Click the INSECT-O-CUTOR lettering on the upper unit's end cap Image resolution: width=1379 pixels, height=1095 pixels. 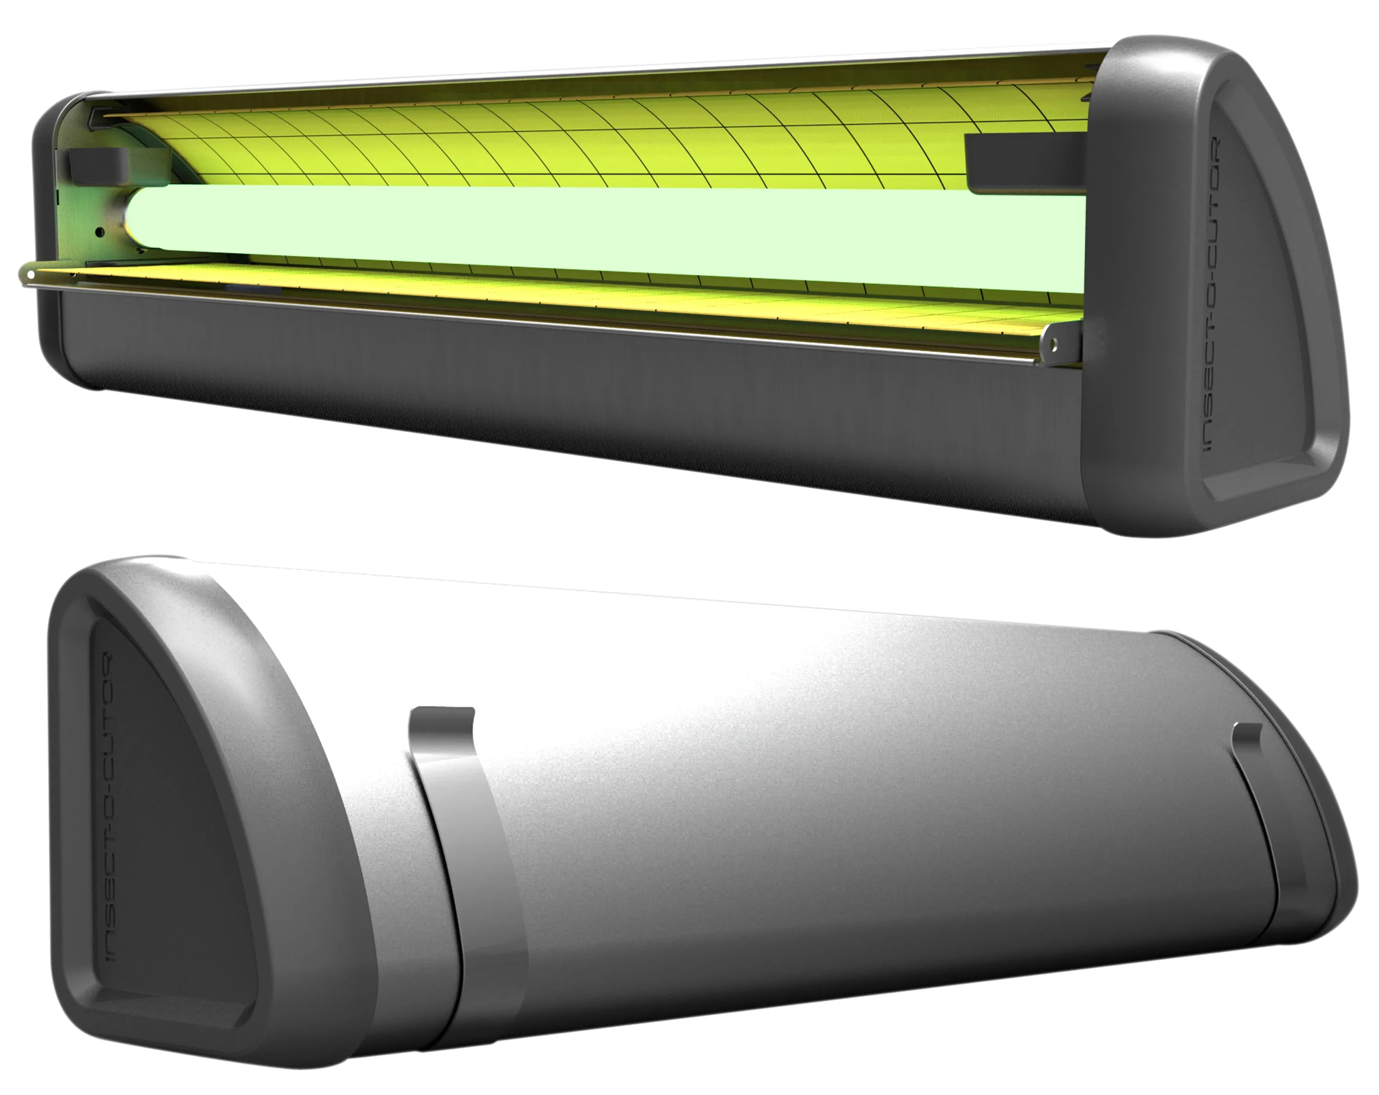[1211, 294]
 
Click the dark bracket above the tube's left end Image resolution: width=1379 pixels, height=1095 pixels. [96, 165]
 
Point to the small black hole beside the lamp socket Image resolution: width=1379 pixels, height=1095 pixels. [100, 232]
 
